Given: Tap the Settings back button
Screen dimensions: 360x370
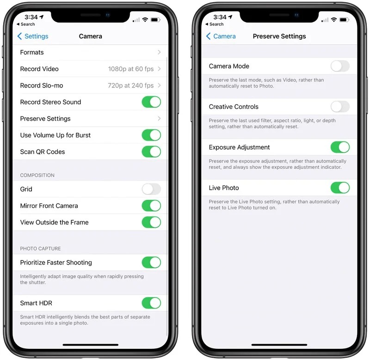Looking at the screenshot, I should pos(32,36).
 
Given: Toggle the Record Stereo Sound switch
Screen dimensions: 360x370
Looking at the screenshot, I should pos(151,102).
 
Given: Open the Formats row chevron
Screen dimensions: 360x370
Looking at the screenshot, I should pos(159,52).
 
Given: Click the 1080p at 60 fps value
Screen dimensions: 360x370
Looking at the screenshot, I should pos(130,69).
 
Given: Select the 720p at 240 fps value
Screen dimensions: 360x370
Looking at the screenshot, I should pos(130,86).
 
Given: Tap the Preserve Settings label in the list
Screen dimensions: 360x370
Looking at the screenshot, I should pos(45,119).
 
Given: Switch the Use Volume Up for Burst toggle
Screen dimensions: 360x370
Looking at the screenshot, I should pos(151,135).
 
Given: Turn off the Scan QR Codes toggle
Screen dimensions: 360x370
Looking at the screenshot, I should pos(151,152).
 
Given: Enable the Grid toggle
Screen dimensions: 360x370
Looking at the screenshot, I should pos(151,189).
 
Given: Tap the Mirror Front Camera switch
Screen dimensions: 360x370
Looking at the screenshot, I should pos(151,206).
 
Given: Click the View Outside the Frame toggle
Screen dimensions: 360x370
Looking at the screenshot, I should pos(151,223).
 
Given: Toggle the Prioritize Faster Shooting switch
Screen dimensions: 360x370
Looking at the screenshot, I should pos(151,263).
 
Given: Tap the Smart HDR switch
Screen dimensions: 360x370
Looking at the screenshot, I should pos(151,304).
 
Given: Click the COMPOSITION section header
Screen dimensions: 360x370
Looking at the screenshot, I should pos(37,175).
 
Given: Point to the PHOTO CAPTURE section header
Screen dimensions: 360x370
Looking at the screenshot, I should pos(40,248).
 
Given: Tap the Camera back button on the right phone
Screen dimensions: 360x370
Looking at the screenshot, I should pos(221,36).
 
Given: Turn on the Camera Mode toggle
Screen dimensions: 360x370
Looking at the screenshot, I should pos(340,66).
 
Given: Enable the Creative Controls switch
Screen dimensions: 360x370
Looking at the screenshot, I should pos(340,107).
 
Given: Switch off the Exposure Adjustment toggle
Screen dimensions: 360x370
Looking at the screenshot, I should pos(340,148).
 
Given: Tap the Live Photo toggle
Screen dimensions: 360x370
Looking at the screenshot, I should pos(340,188).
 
